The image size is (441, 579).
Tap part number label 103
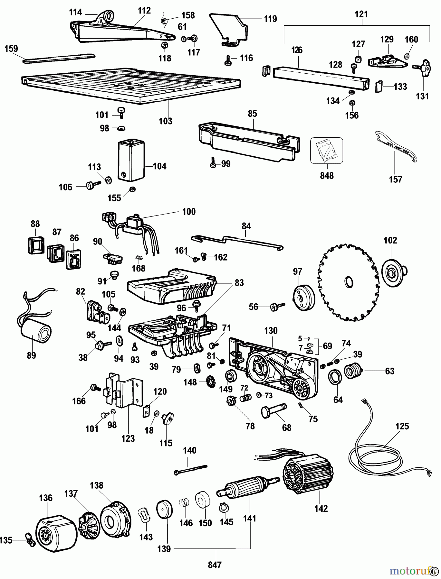pos(166,121)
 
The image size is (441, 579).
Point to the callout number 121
pos(361,14)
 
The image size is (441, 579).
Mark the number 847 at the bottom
pos(215,565)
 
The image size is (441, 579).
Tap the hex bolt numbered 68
pos(274,411)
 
